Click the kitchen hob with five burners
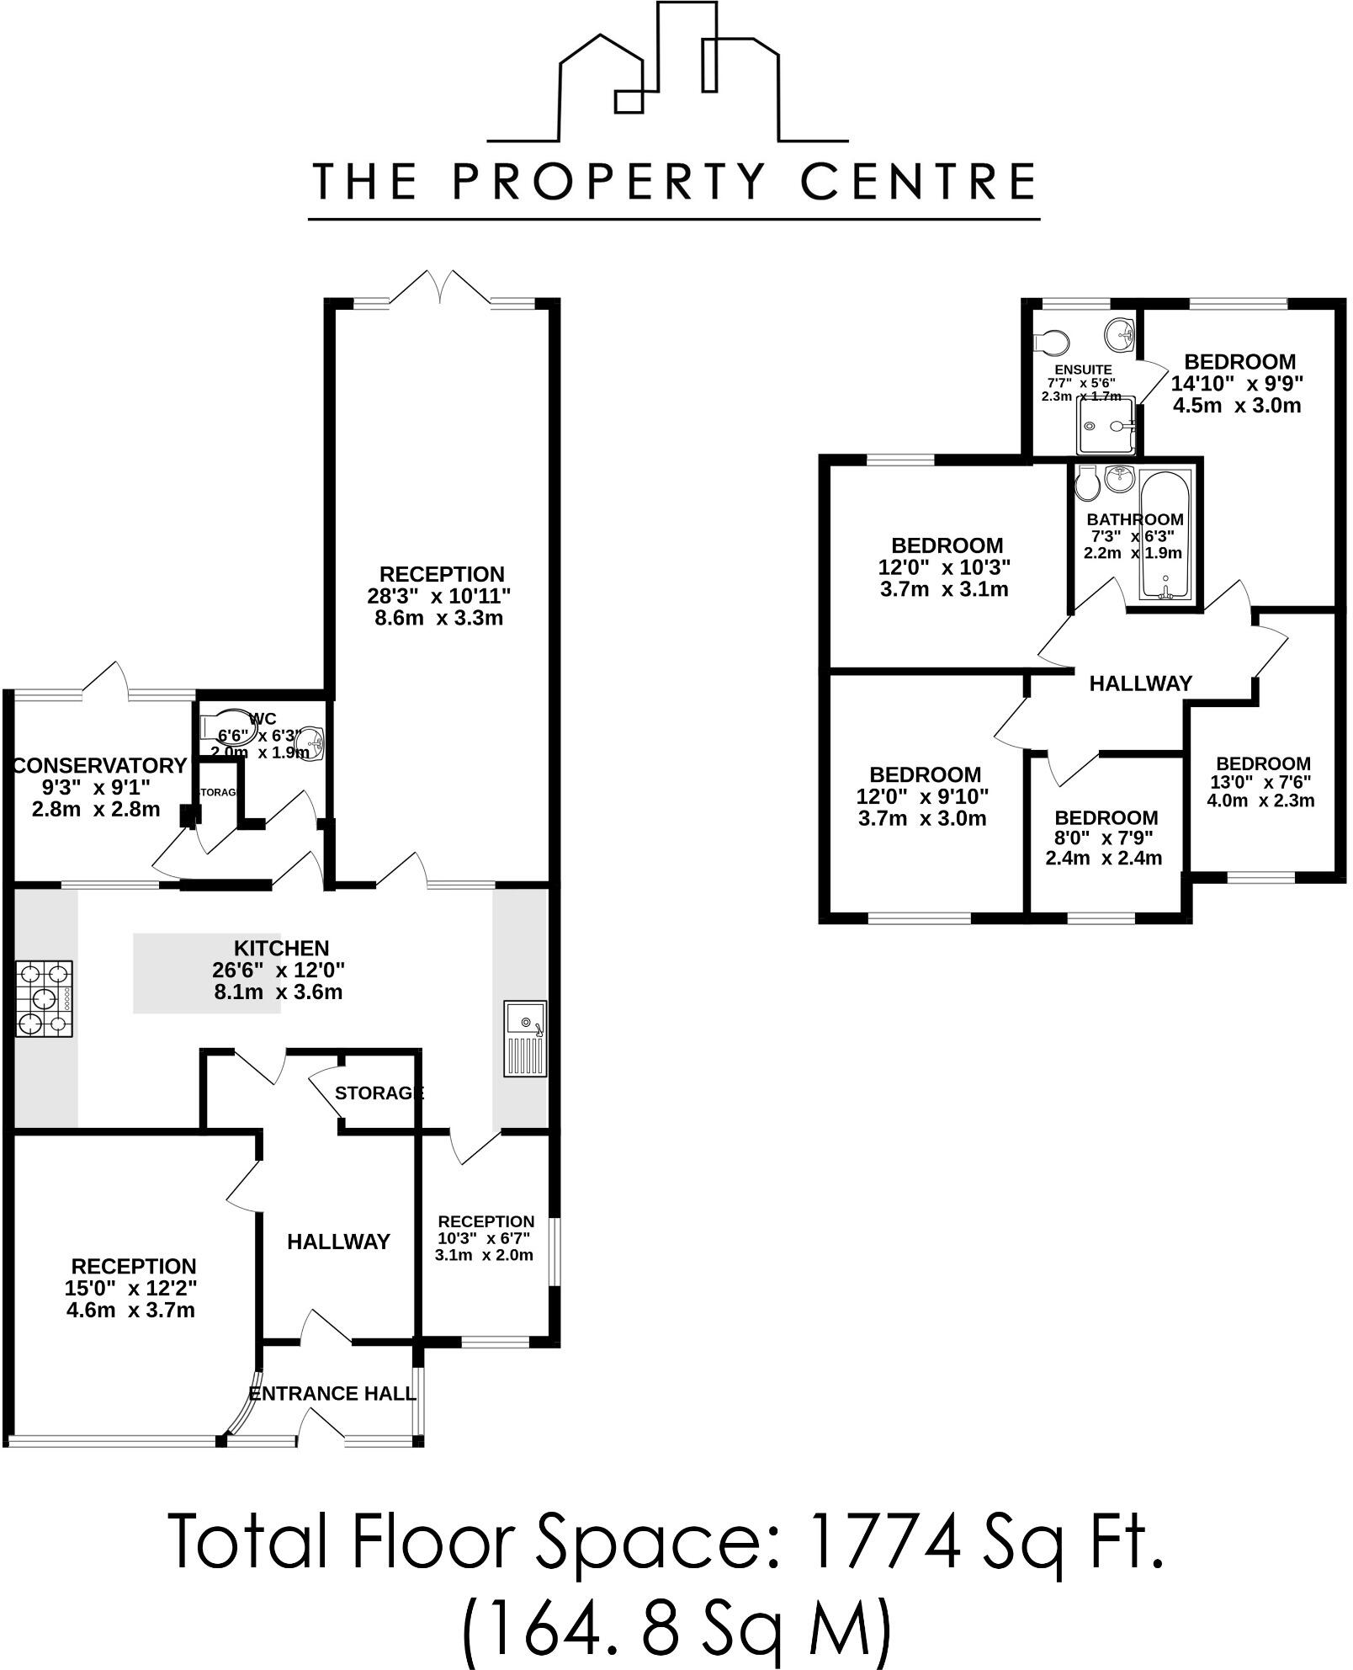coord(45,999)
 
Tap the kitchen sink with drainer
coord(525,1039)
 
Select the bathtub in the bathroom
coord(1165,535)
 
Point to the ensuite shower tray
coord(1106,425)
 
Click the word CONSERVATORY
coord(99,766)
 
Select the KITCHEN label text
coord(281,949)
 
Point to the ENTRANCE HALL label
coord(332,1393)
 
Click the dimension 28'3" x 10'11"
coord(439,596)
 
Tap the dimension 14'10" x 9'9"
coord(1238,384)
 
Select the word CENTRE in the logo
coord(919,181)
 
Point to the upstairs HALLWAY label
coord(1140,683)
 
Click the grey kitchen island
coord(207,972)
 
